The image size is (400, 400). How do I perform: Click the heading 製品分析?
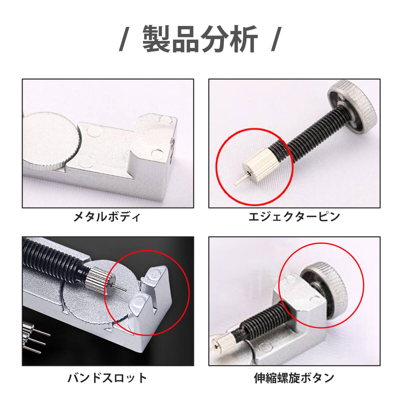coord(200,39)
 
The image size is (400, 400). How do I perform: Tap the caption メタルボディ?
coord(107,217)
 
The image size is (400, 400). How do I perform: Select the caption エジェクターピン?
coord(294,217)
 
